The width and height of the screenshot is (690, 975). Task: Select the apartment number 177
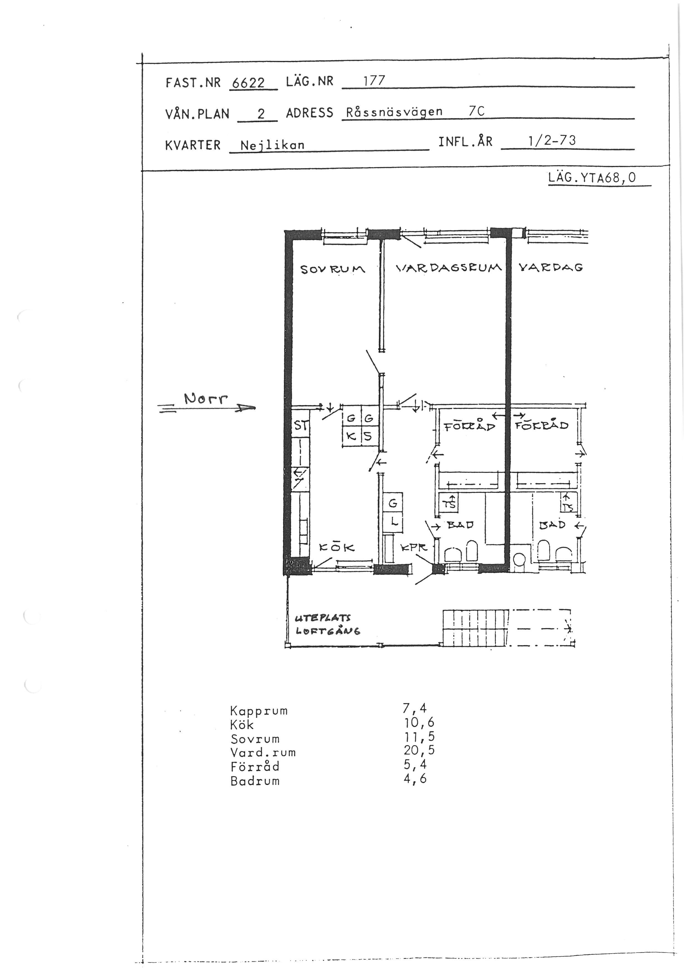[374, 80]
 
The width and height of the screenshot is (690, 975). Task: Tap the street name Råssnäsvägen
[394, 112]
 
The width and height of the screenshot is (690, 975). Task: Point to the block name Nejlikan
[272, 145]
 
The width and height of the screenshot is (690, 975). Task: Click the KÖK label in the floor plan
[337, 548]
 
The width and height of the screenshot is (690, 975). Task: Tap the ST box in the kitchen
[301, 425]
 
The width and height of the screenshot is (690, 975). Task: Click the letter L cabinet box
[393, 522]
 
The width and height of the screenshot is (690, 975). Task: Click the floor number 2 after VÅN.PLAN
[261, 113]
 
